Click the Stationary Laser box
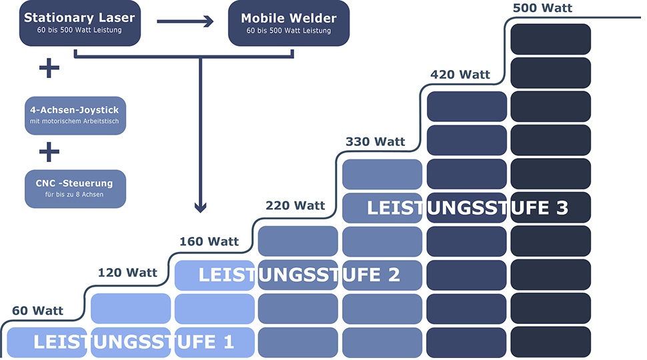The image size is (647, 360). click(x=79, y=23)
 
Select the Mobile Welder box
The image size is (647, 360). click(x=288, y=23)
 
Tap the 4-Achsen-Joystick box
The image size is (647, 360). click(x=75, y=115)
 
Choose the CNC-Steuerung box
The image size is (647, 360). click(x=75, y=188)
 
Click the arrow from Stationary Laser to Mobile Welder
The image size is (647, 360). click(x=185, y=22)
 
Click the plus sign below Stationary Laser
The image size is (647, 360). click(x=49, y=68)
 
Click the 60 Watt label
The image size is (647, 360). click(x=38, y=311)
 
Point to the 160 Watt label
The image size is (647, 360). click(x=209, y=241)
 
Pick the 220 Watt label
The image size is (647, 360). click(x=295, y=205)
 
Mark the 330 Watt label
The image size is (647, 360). click(x=376, y=141)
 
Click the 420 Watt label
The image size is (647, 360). click(x=460, y=75)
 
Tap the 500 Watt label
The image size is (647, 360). click(x=542, y=9)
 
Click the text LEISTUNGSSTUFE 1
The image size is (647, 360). click(x=133, y=343)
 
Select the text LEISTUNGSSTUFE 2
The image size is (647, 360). click(x=299, y=274)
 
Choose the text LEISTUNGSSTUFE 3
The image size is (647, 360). click(x=467, y=207)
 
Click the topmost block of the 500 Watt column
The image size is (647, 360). click(x=550, y=39)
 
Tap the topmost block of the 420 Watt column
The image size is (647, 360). click(x=467, y=106)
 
